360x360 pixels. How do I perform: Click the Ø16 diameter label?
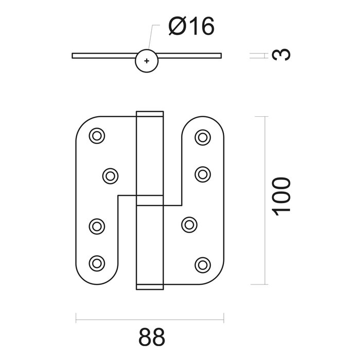190,27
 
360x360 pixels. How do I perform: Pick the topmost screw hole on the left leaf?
96,136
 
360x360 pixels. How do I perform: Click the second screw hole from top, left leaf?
110,176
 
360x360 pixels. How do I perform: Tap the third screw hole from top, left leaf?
96,225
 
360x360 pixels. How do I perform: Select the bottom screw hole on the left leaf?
96,263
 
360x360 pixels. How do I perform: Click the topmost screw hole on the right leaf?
203,137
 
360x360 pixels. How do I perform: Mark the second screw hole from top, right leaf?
203,173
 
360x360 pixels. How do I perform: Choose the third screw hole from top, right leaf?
189,224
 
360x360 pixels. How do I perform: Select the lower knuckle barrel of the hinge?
150,242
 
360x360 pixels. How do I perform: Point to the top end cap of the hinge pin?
150,114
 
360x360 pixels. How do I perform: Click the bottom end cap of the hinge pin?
150,286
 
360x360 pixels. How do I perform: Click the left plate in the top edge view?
103,55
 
